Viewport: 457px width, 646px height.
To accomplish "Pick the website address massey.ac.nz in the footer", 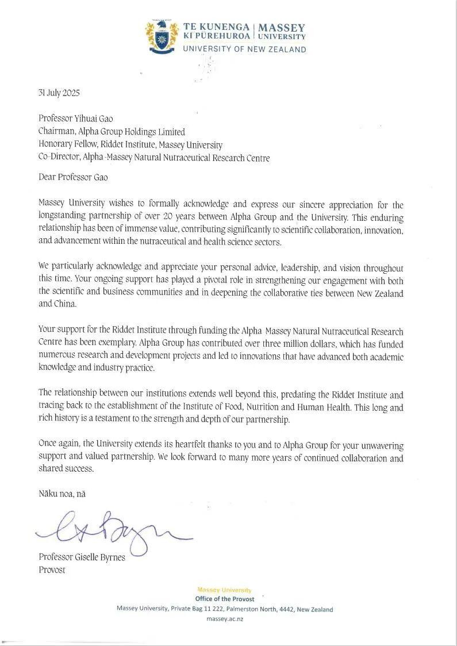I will click(225, 620).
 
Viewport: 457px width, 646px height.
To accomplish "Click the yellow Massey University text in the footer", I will click(224, 590).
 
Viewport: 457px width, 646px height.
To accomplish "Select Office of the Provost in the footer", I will click(224, 599).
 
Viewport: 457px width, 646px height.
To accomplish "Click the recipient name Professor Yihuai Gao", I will click(75, 119).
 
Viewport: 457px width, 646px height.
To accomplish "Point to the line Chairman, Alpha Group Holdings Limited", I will click(112, 132).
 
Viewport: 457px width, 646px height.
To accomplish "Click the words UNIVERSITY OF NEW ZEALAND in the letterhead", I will click(244, 49).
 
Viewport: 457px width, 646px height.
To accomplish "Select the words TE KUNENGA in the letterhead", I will click(216, 27).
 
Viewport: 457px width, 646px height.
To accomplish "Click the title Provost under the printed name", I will click(52, 570).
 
